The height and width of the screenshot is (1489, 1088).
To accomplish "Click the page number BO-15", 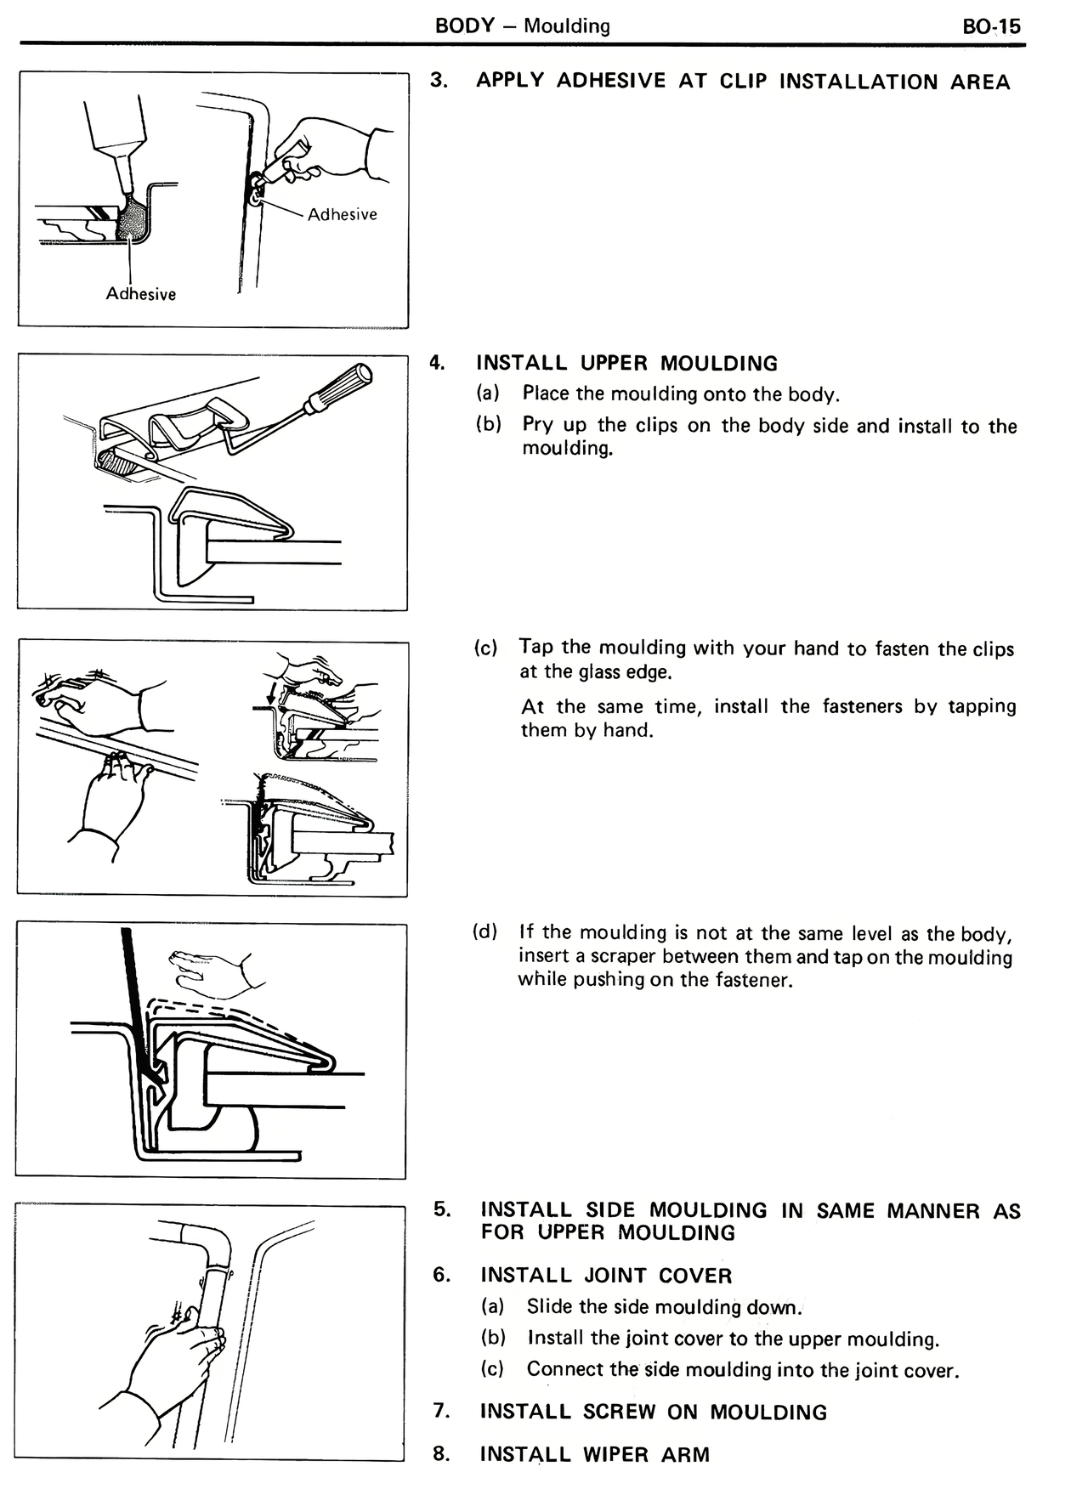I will pos(991,26).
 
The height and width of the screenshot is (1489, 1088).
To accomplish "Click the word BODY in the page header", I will pos(464,25).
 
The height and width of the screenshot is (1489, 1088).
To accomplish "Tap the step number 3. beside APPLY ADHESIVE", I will pos(439,80).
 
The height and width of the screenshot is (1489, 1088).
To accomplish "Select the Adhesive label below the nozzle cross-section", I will pos(140,294).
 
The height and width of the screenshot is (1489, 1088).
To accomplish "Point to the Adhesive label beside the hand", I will pos(342,215).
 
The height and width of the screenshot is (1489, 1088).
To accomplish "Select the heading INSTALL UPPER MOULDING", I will pos(626,364).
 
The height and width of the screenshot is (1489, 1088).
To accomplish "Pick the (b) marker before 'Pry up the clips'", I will pos(488,424).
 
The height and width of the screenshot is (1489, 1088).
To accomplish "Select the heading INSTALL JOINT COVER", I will pos(605,1275).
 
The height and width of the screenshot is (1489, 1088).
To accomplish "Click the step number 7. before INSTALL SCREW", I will pos(441,1411).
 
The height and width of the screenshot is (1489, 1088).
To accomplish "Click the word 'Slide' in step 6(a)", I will pos(548,1306).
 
